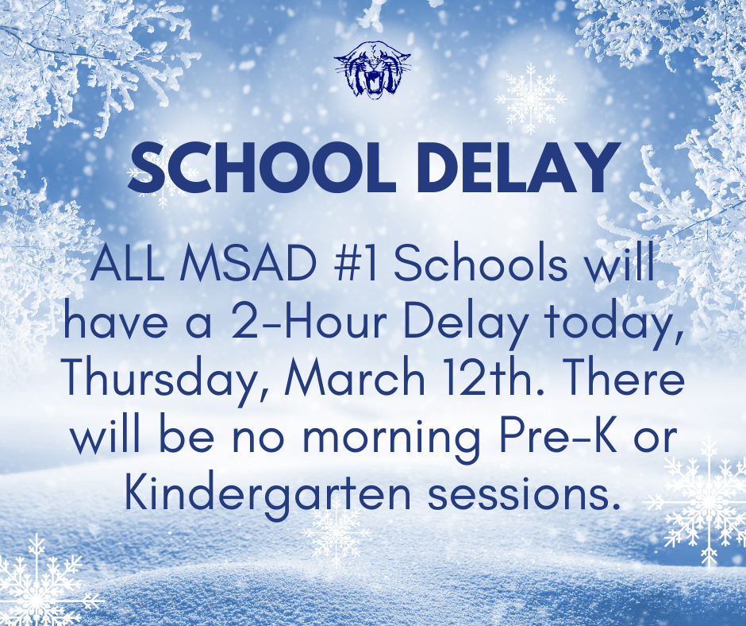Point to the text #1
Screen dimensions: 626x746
(345, 267)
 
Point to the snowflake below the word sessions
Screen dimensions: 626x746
(336, 532)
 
